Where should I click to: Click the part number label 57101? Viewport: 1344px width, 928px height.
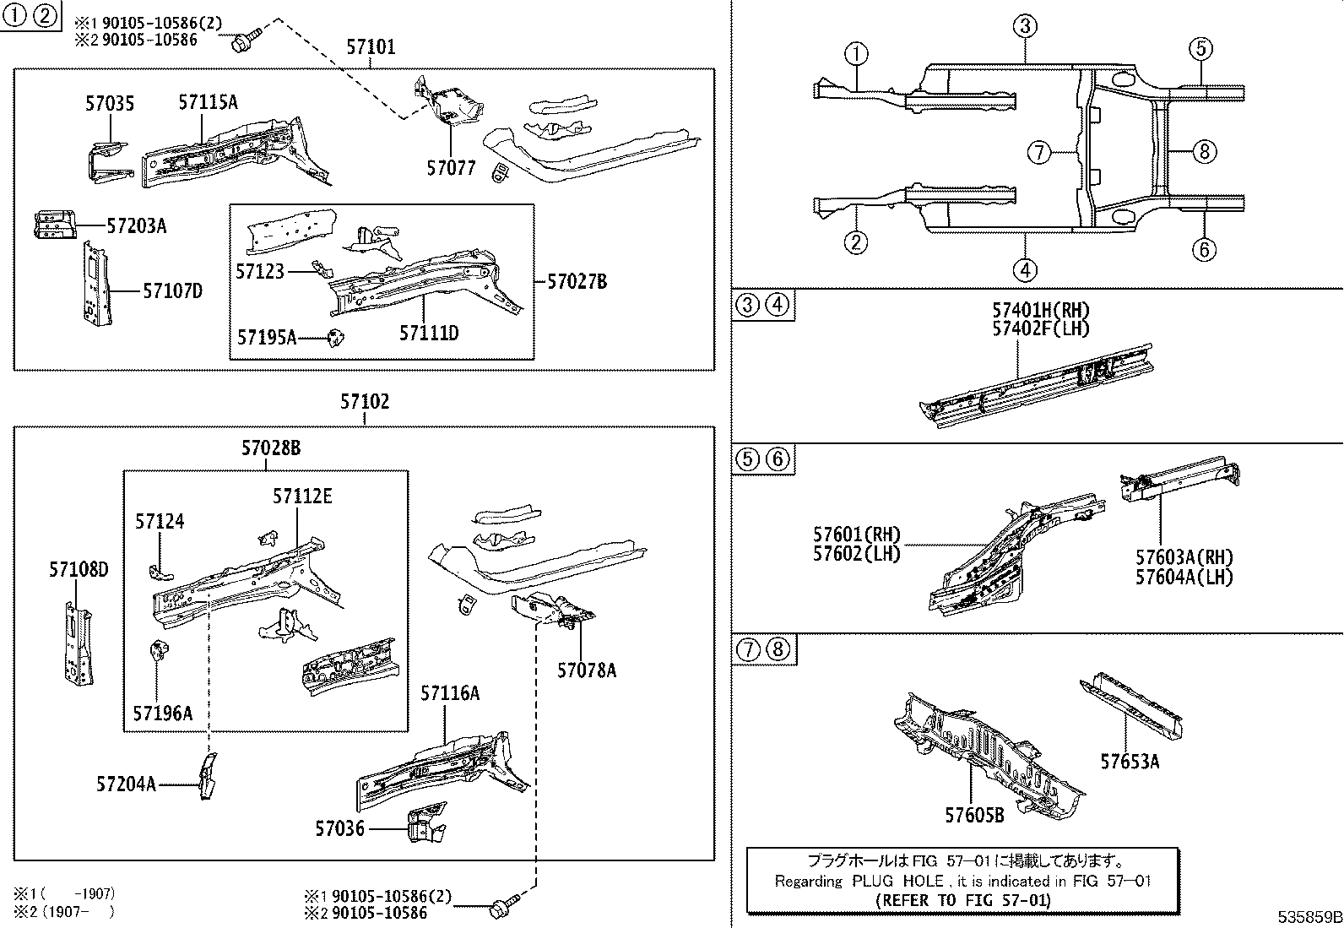(370, 47)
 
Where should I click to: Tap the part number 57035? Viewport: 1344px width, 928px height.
(109, 104)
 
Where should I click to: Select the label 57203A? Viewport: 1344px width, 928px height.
(136, 225)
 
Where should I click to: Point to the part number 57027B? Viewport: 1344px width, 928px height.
(577, 281)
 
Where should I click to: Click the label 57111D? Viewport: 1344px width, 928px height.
(428, 333)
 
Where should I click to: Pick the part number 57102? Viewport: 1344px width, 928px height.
(365, 402)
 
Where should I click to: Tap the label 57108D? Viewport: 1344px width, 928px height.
(78, 569)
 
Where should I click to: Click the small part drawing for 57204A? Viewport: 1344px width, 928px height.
(207, 776)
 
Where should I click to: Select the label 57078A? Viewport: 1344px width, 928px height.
(586, 670)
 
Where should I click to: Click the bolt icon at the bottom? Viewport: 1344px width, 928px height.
(501, 909)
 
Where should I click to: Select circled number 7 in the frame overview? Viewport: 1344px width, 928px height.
(1038, 153)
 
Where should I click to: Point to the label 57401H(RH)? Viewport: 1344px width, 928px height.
(1040, 311)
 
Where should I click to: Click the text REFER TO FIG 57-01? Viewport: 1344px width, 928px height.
(962, 900)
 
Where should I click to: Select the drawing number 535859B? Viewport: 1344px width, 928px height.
(1309, 916)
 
